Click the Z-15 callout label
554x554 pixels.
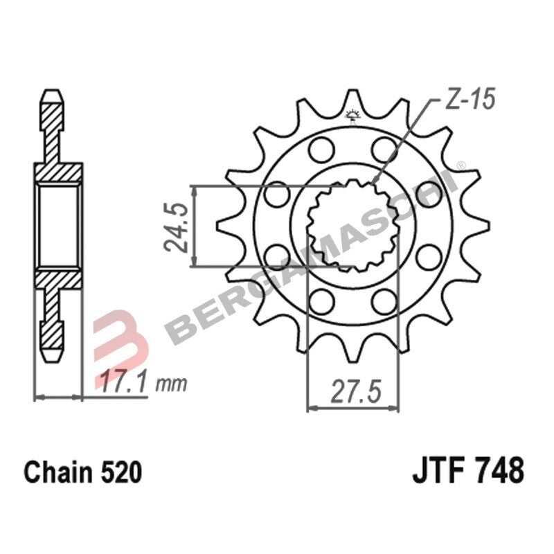pos(470,101)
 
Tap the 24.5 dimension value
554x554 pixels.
pos(178,226)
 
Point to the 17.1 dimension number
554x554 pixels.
pos(123,382)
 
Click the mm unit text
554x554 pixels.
pos(172,383)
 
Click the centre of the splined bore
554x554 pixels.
pos(353,225)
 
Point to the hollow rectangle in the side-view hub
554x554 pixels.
pos(58,226)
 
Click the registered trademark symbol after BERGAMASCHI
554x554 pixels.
pos(459,165)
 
